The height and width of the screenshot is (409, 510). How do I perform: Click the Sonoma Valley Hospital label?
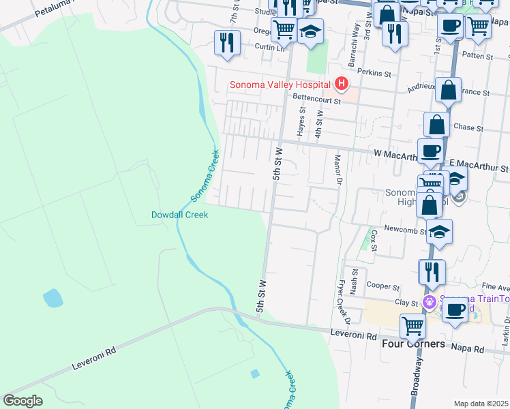tap(280, 85)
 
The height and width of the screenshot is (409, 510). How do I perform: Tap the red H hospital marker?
tap(342, 85)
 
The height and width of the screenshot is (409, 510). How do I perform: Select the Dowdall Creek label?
tap(179, 215)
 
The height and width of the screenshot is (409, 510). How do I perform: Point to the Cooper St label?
tap(382, 286)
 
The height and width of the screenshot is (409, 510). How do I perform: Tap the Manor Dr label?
tap(337, 170)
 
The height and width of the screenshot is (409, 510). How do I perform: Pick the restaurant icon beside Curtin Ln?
tap(226, 42)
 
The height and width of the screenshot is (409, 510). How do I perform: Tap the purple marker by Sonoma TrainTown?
tap(430, 301)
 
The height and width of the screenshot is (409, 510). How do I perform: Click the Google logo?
tap(22, 400)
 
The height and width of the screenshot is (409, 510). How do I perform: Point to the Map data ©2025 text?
tap(481, 404)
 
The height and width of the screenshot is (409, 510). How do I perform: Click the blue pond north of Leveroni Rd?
tap(51, 298)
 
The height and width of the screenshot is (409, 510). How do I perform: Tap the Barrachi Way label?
tap(355, 49)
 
